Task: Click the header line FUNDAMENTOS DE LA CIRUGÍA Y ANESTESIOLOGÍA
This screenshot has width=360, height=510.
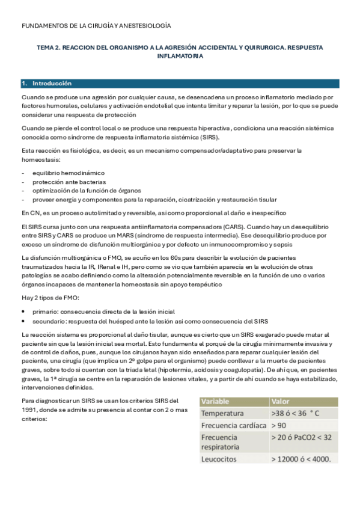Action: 96,26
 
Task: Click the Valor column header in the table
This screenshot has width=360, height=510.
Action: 281,402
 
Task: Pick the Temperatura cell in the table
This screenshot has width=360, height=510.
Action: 222,414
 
